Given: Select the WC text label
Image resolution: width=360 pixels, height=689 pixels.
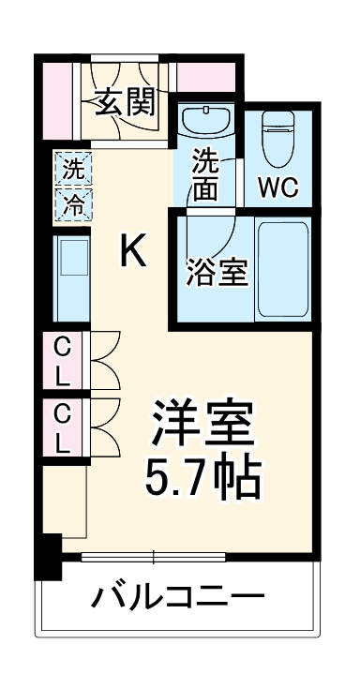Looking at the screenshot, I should (278, 186).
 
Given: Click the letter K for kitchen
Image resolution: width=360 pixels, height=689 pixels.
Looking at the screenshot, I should (133, 251).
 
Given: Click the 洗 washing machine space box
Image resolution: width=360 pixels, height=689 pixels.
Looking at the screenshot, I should (71, 171).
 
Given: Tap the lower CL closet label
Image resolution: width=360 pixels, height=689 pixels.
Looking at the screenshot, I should (62, 427).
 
